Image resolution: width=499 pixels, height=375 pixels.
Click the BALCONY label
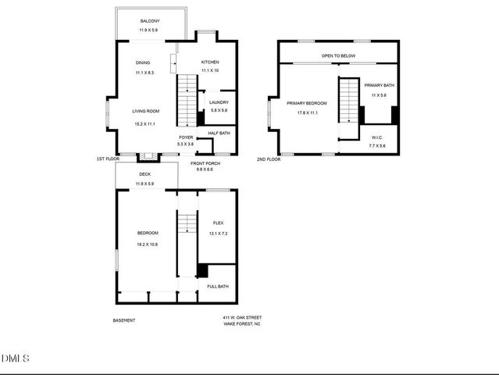point(151,21)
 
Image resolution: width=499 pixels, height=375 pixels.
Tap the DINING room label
point(142,62)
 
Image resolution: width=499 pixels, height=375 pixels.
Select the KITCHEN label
point(210,62)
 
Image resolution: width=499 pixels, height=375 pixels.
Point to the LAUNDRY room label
point(218,102)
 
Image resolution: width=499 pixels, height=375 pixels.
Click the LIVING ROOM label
point(145,112)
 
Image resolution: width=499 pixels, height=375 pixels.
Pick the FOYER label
point(186,137)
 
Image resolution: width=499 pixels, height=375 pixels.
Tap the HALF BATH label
point(219,133)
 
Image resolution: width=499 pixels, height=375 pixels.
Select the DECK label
point(144,174)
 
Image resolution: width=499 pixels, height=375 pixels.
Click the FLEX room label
point(218,223)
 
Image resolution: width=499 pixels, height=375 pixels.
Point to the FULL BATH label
point(218,287)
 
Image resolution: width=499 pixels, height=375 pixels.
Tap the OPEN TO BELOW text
point(339,56)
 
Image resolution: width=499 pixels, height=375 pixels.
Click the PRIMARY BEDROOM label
point(306,103)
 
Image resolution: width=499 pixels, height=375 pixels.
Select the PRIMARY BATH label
point(379,84)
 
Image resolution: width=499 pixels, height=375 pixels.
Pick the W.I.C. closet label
point(376,137)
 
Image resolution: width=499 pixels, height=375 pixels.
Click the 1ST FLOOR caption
point(108,159)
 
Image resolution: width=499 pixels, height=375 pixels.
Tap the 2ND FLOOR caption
point(268,159)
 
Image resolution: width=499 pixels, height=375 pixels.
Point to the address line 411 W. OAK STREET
point(242,318)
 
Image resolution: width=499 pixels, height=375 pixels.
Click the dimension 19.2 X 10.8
point(148,245)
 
